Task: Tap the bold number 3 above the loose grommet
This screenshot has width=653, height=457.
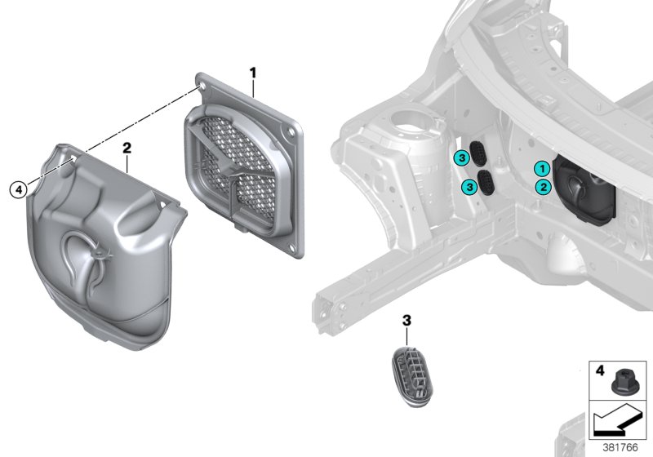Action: pyautogui.click(x=406, y=322)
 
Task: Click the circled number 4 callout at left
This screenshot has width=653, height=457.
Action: pyautogui.click(x=18, y=190)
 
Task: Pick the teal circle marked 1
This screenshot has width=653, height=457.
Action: pyautogui.click(x=540, y=168)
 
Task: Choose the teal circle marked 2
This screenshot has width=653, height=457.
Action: pyautogui.click(x=540, y=187)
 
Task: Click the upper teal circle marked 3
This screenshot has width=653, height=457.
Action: pyautogui.click(x=461, y=157)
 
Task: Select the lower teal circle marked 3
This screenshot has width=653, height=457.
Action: pyautogui.click(x=469, y=188)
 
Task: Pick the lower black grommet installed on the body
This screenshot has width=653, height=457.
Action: pyautogui.click(x=487, y=184)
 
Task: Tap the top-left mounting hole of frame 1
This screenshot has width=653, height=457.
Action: pyautogui.click(x=201, y=85)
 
